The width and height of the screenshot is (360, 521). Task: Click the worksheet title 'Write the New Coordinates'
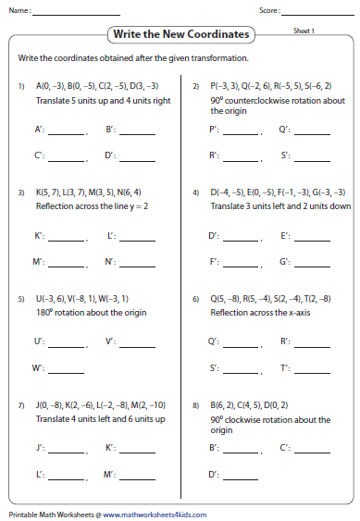click(x=180, y=34)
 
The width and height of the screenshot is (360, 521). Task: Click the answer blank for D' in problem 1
click(x=137, y=155)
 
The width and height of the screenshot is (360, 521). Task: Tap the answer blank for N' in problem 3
click(x=137, y=263)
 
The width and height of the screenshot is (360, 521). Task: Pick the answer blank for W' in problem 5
click(x=66, y=369)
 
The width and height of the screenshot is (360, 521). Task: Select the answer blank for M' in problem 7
click(x=137, y=476)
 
